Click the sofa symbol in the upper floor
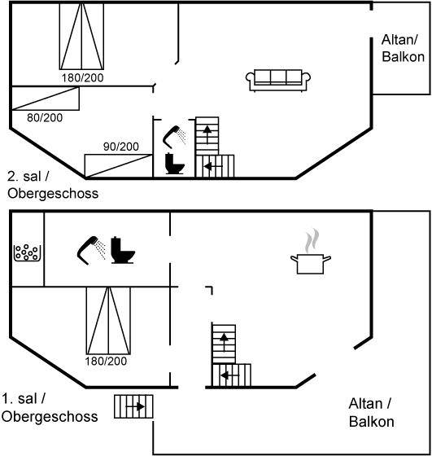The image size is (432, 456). tap(278, 81)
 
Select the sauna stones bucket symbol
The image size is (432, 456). tap(27, 252)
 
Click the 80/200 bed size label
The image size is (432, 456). tap(45, 118)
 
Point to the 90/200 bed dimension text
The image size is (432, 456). tap(121, 147)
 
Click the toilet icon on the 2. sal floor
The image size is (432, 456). tap(175, 164)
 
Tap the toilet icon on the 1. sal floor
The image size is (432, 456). tap(123, 250)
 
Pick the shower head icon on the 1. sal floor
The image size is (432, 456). tap(91, 250)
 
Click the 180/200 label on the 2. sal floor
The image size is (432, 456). tap(82, 78)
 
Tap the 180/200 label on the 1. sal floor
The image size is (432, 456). tap(106, 362)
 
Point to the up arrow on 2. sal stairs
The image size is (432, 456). tap(207, 134)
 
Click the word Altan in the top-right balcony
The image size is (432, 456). tap(399, 40)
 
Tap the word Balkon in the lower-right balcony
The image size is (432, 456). tap(372, 422)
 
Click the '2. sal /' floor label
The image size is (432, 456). tap(28, 177)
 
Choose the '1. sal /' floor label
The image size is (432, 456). tap(24, 399)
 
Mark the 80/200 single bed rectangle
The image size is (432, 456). tap(46, 99)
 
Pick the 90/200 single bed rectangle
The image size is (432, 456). tap(119, 166)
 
